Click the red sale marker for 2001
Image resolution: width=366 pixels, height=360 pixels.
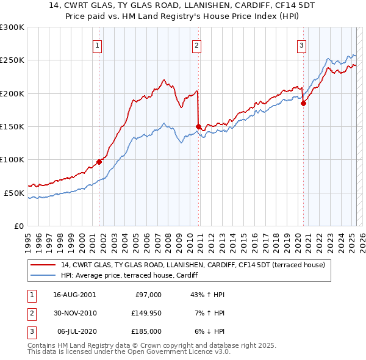coord(99,162)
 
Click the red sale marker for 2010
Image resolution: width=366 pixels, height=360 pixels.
coord(199,127)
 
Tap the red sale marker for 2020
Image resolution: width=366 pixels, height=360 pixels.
coord(303,104)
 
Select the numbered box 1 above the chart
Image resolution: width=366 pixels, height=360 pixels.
coord(98,44)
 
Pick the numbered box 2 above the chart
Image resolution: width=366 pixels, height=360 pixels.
coord(197,44)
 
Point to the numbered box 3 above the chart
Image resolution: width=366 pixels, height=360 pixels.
coord(302,44)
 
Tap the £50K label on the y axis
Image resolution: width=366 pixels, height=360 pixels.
coord(14,193)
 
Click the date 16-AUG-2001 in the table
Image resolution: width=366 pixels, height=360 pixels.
coord(74,294)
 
